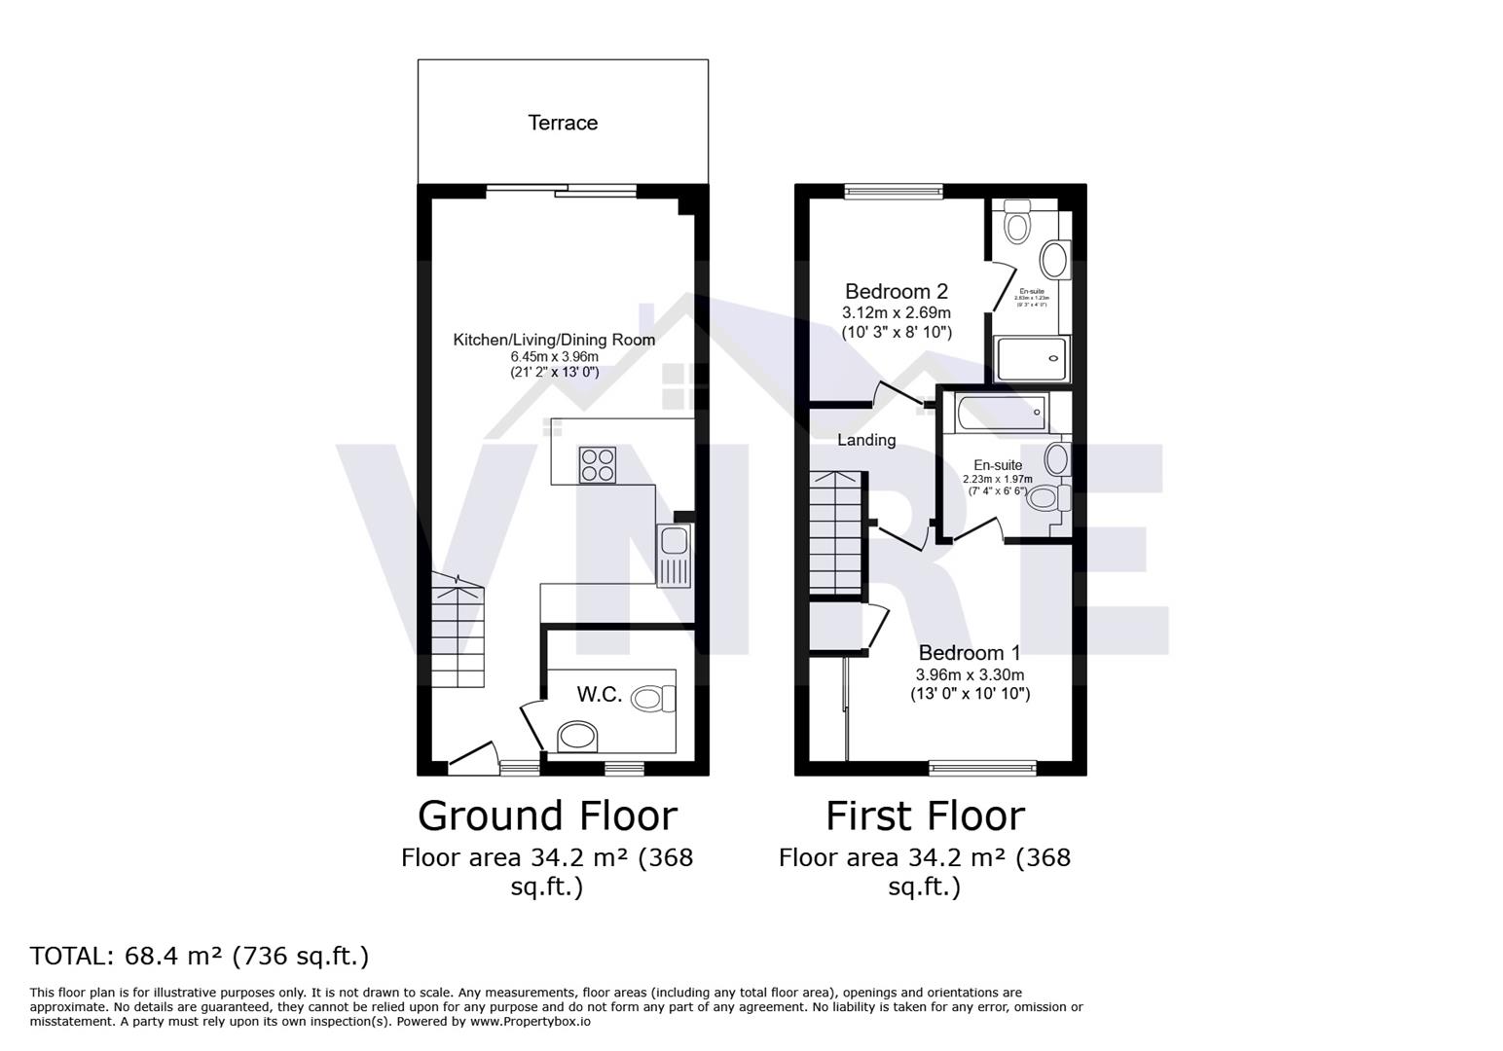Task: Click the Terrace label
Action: pyautogui.click(x=563, y=123)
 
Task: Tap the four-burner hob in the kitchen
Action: pyautogui.click(x=597, y=464)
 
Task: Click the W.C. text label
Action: pyautogui.click(x=599, y=694)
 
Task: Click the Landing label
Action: pyautogui.click(x=866, y=440)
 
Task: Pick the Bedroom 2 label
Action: pyautogui.click(x=896, y=291)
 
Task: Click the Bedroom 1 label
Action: pyautogui.click(x=970, y=652)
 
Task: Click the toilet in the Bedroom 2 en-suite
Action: pyautogui.click(x=1017, y=224)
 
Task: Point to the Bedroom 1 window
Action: pyautogui.click(x=982, y=768)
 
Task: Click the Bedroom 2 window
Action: pyautogui.click(x=894, y=192)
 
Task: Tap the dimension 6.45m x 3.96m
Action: pyautogui.click(x=554, y=357)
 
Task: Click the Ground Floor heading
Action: pyautogui.click(x=547, y=815)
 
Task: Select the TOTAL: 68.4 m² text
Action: pyautogui.click(x=200, y=956)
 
